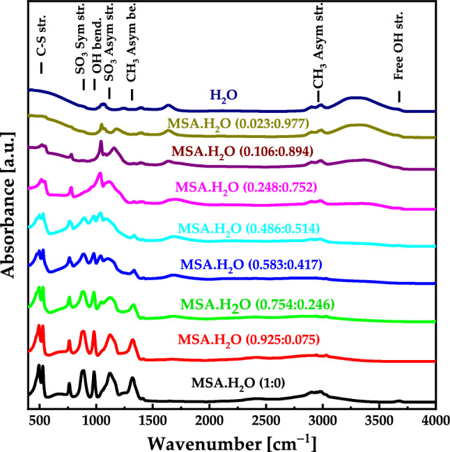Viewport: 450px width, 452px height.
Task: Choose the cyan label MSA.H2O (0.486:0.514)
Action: [255, 228]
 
